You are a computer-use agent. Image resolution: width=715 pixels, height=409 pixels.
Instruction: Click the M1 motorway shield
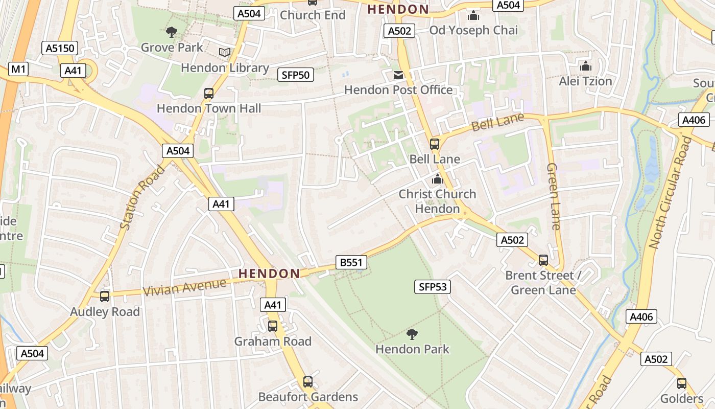click(18, 69)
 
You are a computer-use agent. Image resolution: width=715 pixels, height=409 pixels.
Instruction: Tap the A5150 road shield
click(60, 49)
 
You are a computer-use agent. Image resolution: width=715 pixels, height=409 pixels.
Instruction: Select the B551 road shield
click(351, 263)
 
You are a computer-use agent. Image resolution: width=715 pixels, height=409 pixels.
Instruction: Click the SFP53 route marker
click(432, 287)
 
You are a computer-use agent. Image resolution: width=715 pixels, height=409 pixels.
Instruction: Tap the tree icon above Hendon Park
click(412, 335)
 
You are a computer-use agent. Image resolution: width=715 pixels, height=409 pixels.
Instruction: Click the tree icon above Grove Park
click(172, 33)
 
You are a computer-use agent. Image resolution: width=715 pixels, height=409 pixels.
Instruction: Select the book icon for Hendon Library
click(225, 53)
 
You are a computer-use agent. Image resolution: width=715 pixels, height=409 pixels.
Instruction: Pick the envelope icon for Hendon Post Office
click(398, 75)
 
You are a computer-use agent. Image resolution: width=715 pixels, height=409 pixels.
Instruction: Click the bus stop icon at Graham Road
click(273, 326)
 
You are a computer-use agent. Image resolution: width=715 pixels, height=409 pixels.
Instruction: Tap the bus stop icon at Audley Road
click(105, 297)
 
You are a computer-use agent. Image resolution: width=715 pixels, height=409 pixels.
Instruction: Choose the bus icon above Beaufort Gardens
click(307, 382)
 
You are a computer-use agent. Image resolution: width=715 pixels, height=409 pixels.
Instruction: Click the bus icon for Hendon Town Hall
click(208, 94)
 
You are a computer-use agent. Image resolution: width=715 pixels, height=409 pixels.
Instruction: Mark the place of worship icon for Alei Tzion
click(585, 66)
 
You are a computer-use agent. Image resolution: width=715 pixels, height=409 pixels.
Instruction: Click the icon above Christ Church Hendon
click(437, 179)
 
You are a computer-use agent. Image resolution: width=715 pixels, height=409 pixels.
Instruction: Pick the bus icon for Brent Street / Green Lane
click(543, 260)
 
